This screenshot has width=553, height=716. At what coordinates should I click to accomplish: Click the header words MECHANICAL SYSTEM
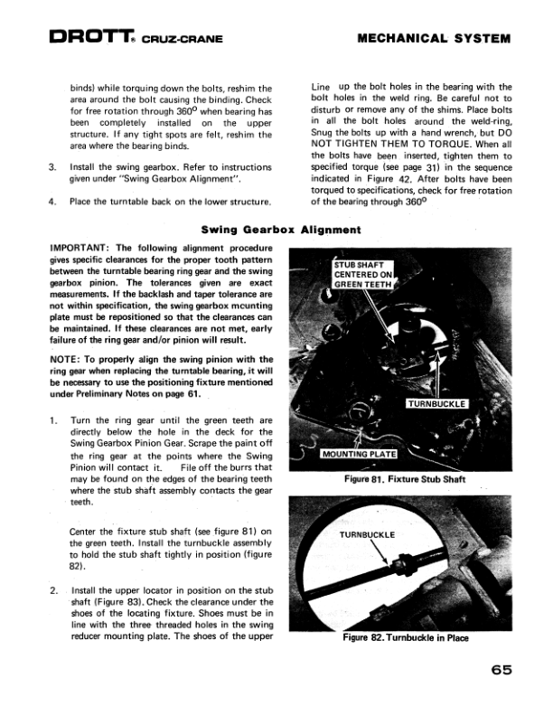[434, 39]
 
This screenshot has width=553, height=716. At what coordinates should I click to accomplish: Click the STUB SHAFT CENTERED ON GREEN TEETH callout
[363, 275]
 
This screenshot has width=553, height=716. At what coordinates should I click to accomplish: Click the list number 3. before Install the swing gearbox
[52, 167]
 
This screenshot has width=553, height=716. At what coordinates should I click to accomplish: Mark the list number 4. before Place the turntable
[52, 201]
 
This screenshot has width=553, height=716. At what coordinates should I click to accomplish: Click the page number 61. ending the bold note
[201, 395]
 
